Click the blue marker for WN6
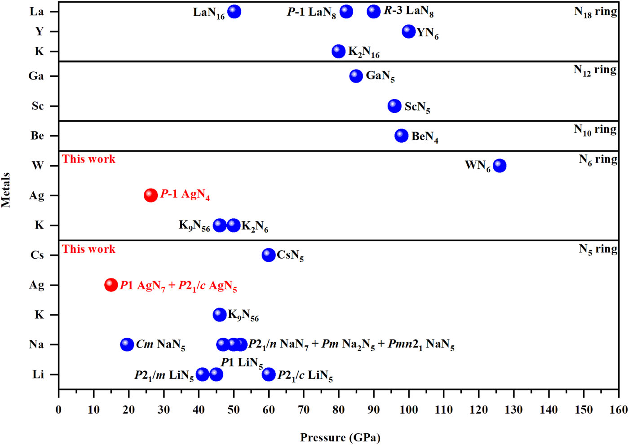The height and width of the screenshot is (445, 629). (x=499, y=166)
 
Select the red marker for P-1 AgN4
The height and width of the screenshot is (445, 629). (x=151, y=195)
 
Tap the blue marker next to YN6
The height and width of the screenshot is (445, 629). (x=408, y=31)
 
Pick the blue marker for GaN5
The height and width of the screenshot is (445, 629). (x=356, y=76)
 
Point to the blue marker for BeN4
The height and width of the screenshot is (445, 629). (x=401, y=136)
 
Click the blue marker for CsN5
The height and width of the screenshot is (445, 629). (x=268, y=255)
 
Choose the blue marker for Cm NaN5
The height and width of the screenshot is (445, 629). (x=127, y=344)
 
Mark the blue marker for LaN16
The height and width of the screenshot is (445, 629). (x=234, y=12)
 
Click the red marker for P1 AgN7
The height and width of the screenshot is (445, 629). (x=111, y=285)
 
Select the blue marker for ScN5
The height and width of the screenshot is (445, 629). (x=394, y=106)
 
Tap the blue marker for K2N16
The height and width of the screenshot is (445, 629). (x=338, y=51)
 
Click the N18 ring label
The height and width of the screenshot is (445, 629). (x=595, y=12)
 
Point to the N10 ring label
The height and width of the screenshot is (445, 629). (x=595, y=130)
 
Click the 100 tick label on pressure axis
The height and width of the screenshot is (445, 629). (x=408, y=410)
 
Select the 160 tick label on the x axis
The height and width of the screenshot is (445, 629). (x=618, y=410)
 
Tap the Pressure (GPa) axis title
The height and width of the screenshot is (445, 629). (x=340, y=437)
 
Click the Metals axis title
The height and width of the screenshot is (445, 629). (x=6, y=189)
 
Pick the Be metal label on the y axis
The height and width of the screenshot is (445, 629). (x=37, y=136)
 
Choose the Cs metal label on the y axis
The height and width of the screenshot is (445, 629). (x=37, y=255)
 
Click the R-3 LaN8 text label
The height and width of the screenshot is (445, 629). (x=408, y=11)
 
